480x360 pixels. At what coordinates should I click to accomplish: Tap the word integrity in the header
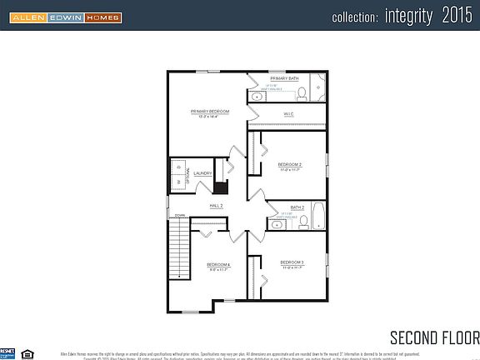tap(409, 16)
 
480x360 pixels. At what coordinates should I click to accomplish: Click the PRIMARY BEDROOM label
tap(209, 112)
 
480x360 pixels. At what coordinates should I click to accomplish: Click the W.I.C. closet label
tap(288, 114)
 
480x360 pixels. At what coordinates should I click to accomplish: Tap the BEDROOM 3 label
tap(292, 263)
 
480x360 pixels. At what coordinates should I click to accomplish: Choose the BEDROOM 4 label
tap(218, 267)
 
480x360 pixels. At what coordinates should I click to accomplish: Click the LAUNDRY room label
tap(203, 174)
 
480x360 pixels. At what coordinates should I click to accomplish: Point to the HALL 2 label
tap(216, 205)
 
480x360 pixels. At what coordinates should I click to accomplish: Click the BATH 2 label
tap(297, 207)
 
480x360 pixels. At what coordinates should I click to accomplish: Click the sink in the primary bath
tap(257, 97)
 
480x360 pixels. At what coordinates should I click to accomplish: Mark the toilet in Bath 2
tap(303, 222)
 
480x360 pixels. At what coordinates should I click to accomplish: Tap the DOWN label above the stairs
tap(179, 215)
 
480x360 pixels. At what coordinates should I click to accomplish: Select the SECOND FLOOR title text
tap(434, 337)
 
